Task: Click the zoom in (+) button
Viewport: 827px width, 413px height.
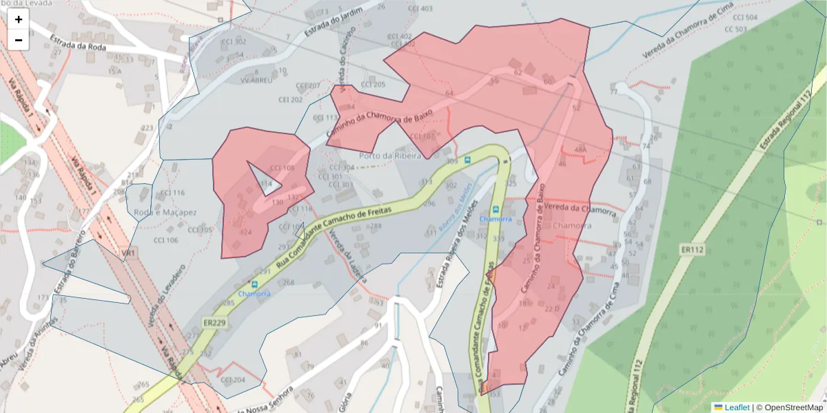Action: tap(19, 19)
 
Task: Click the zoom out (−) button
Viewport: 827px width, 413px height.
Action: tap(19, 40)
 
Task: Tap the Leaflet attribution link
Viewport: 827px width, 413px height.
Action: tap(736, 407)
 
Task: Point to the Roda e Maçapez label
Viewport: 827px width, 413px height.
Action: tap(165, 213)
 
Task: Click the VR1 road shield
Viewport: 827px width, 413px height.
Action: tap(129, 254)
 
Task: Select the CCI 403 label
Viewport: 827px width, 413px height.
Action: tap(420, 8)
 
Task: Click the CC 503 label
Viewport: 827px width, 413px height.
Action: tap(735, 30)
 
